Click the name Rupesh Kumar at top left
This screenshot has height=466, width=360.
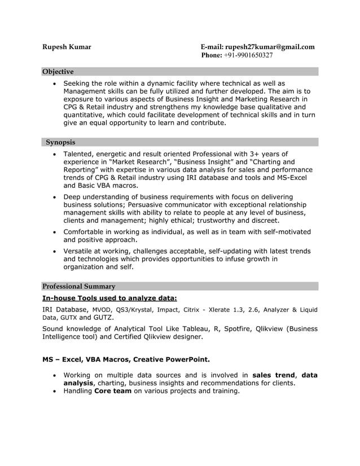tap(67, 47)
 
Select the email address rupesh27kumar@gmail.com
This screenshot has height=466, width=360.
tap(270, 47)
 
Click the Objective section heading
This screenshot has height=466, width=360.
tap(58, 72)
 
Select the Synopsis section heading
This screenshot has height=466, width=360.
tap(60, 142)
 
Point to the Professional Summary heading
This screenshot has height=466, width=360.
tap(79, 286)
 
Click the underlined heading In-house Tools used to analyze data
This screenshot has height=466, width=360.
tap(109, 298)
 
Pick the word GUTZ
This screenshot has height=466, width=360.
tap(103, 318)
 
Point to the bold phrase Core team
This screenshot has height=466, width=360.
tap(113, 391)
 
